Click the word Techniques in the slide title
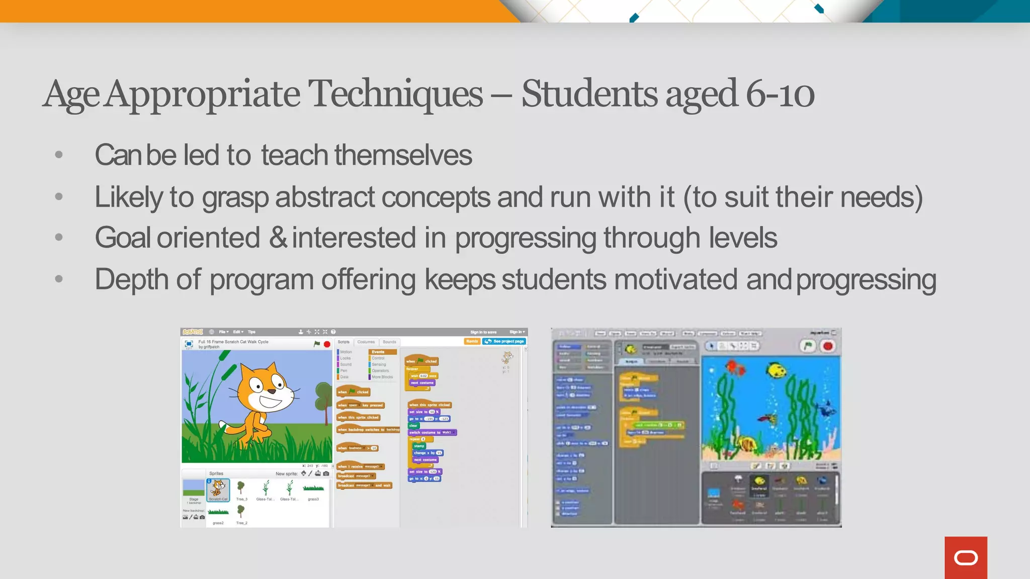(395, 94)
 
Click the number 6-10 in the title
(780, 94)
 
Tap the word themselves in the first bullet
(403, 155)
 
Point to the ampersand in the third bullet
(278, 237)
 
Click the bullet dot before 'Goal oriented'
(59, 237)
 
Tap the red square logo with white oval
(966, 557)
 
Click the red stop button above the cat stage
(327, 344)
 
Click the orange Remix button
(472, 341)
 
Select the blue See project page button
(504, 341)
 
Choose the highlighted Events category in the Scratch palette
(382, 352)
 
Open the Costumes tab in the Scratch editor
(366, 342)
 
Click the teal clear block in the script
(413, 425)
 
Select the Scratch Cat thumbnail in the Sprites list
(218, 490)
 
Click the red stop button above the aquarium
(828, 346)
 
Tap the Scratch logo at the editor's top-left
(193, 332)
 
